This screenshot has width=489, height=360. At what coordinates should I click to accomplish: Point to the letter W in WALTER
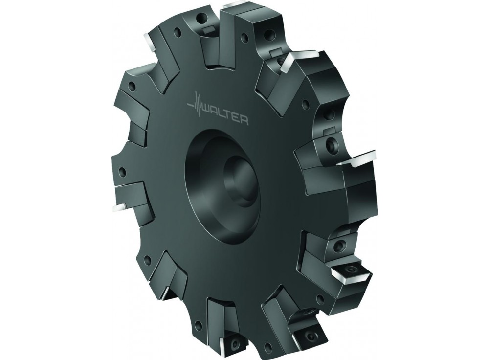point(208,112)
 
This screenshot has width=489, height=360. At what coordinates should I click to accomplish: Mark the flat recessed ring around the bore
point(205,186)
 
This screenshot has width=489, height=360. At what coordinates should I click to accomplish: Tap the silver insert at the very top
point(234,6)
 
